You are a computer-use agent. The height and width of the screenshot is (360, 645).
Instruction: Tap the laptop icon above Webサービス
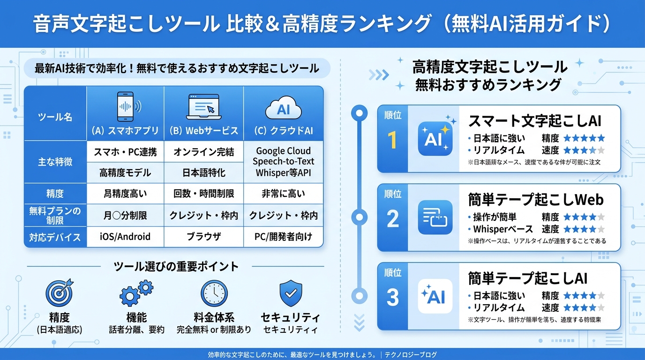(203, 106)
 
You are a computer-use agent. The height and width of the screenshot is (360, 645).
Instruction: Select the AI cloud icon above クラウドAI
(283, 109)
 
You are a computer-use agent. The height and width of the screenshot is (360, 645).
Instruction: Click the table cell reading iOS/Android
(125, 236)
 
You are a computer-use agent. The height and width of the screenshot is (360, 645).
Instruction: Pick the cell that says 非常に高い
(283, 193)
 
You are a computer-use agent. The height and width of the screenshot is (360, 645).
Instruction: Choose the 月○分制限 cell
(125, 215)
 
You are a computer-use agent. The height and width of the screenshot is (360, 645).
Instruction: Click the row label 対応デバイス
(55, 236)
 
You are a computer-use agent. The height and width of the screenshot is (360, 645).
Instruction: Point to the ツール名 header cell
(55, 117)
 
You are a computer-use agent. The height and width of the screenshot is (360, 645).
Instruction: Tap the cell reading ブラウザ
(203, 236)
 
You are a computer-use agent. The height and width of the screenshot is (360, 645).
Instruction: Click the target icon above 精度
(59, 293)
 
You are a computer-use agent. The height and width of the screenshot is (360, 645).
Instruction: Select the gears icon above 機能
(136, 293)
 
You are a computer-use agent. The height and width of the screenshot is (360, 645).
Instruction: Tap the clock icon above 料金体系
(214, 293)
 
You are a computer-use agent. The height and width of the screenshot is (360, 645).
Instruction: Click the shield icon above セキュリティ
(291, 293)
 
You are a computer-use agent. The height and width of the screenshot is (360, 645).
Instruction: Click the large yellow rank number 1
(393, 140)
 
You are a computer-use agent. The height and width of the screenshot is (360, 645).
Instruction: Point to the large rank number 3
(393, 298)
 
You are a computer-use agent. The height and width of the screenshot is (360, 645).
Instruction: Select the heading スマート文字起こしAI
(534, 121)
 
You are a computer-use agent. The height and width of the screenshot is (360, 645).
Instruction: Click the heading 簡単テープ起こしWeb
(535, 200)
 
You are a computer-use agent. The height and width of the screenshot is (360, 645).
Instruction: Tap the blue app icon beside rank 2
(435, 217)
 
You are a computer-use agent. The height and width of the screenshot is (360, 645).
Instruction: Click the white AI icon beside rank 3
(435, 296)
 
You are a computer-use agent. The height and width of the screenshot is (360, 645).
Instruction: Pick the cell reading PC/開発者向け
(283, 236)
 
